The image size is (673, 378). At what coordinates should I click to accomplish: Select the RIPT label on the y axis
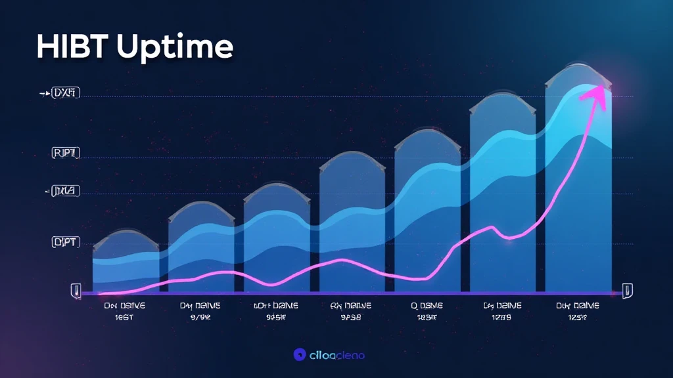pyautogui.click(x=65, y=154)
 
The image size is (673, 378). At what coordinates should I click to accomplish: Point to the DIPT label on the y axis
pyautogui.click(x=65, y=242)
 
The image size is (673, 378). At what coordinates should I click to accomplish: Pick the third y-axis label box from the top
pyautogui.click(x=65, y=192)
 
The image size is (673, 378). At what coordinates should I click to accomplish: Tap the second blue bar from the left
pyautogui.click(x=201, y=253)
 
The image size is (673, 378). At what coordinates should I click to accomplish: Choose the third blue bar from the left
pyautogui.click(x=277, y=243)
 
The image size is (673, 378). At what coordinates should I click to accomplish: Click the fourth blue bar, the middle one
pyautogui.click(x=352, y=226)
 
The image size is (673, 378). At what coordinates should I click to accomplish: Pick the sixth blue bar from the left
pyautogui.click(x=503, y=197)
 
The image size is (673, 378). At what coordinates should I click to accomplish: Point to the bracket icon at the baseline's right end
pyautogui.click(x=627, y=290)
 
